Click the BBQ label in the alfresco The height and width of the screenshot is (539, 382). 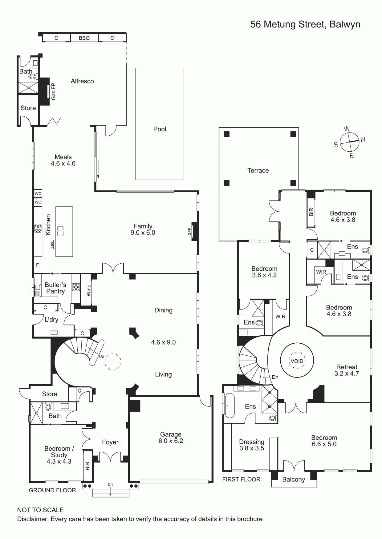point(84,38)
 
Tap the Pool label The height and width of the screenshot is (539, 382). point(160,129)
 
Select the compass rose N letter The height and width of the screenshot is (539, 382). point(363,139)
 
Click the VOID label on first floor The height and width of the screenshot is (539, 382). point(297,361)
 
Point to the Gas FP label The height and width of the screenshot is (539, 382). point(53,91)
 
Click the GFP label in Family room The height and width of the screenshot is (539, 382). point(189,231)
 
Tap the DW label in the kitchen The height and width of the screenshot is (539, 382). point(52,245)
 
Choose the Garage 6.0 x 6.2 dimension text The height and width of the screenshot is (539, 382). point(171,441)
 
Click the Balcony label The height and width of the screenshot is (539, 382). point(294,480)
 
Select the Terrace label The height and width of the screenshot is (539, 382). point(258,170)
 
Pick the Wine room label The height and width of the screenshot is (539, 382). point(89,290)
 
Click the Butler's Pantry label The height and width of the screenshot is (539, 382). point(55,288)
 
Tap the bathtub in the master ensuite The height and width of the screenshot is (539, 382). point(229,405)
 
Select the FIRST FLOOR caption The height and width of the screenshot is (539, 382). point(241,479)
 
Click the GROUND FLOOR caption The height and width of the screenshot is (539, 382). point(52,490)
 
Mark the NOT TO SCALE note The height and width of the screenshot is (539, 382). point(40,510)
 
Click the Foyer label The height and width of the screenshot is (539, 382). point(110,442)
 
